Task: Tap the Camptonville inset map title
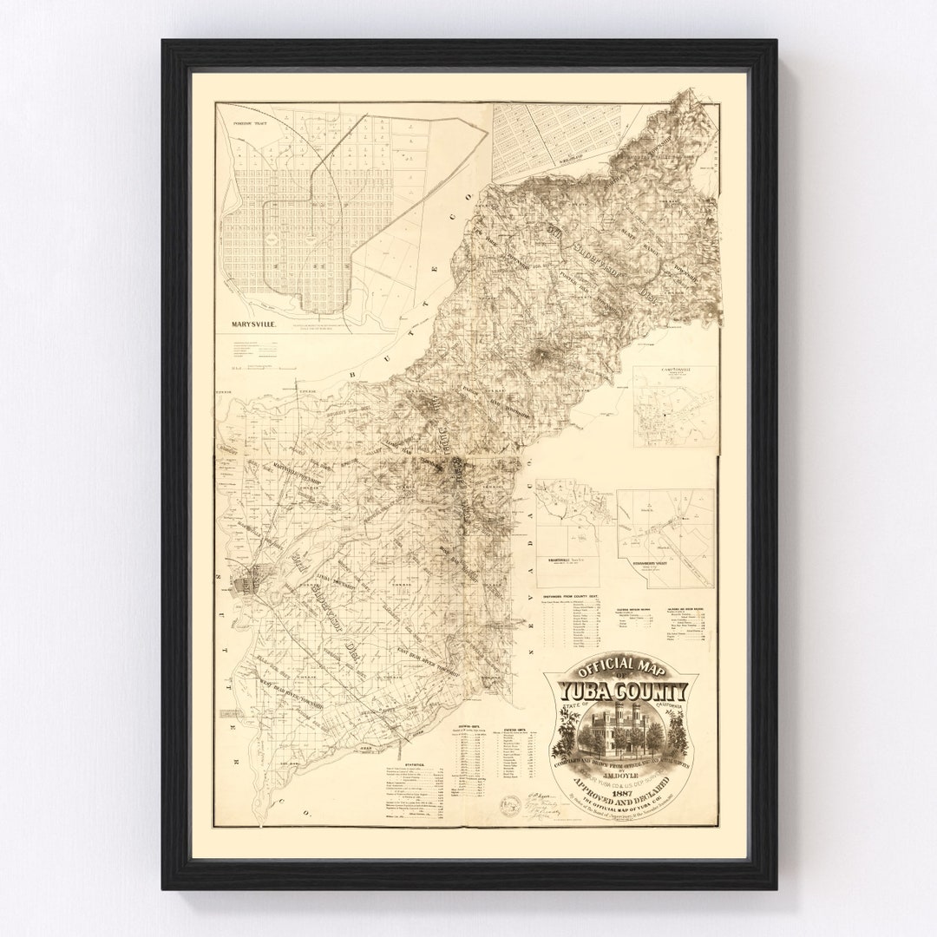(x=674, y=371)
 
